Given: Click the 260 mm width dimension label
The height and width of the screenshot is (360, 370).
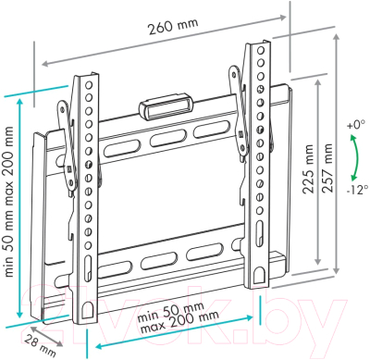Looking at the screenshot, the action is pyautogui.click(x=173, y=26).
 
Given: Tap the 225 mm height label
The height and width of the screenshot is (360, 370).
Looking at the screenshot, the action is pyautogui.click(x=307, y=168).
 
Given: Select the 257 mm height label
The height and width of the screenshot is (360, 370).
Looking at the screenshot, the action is pyautogui.click(x=327, y=168).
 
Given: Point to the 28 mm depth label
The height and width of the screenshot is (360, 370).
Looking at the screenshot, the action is pyautogui.click(x=40, y=345).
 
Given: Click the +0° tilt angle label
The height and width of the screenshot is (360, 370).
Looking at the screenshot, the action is pyautogui.click(x=356, y=126).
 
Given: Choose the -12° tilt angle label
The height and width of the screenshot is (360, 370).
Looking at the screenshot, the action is pyautogui.click(x=357, y=190).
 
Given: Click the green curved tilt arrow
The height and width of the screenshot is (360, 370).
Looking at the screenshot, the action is pyautogui.click(x=356, y=158).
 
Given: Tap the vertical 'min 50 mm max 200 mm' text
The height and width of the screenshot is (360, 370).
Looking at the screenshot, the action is pyautogui.click(x=9, y=202).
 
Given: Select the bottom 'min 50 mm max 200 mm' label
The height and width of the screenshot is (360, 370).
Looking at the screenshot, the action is pyautogui.click(x=178, y=317).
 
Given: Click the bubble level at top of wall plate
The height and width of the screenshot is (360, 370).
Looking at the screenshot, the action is pyautogui.click(x=166, y=106).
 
